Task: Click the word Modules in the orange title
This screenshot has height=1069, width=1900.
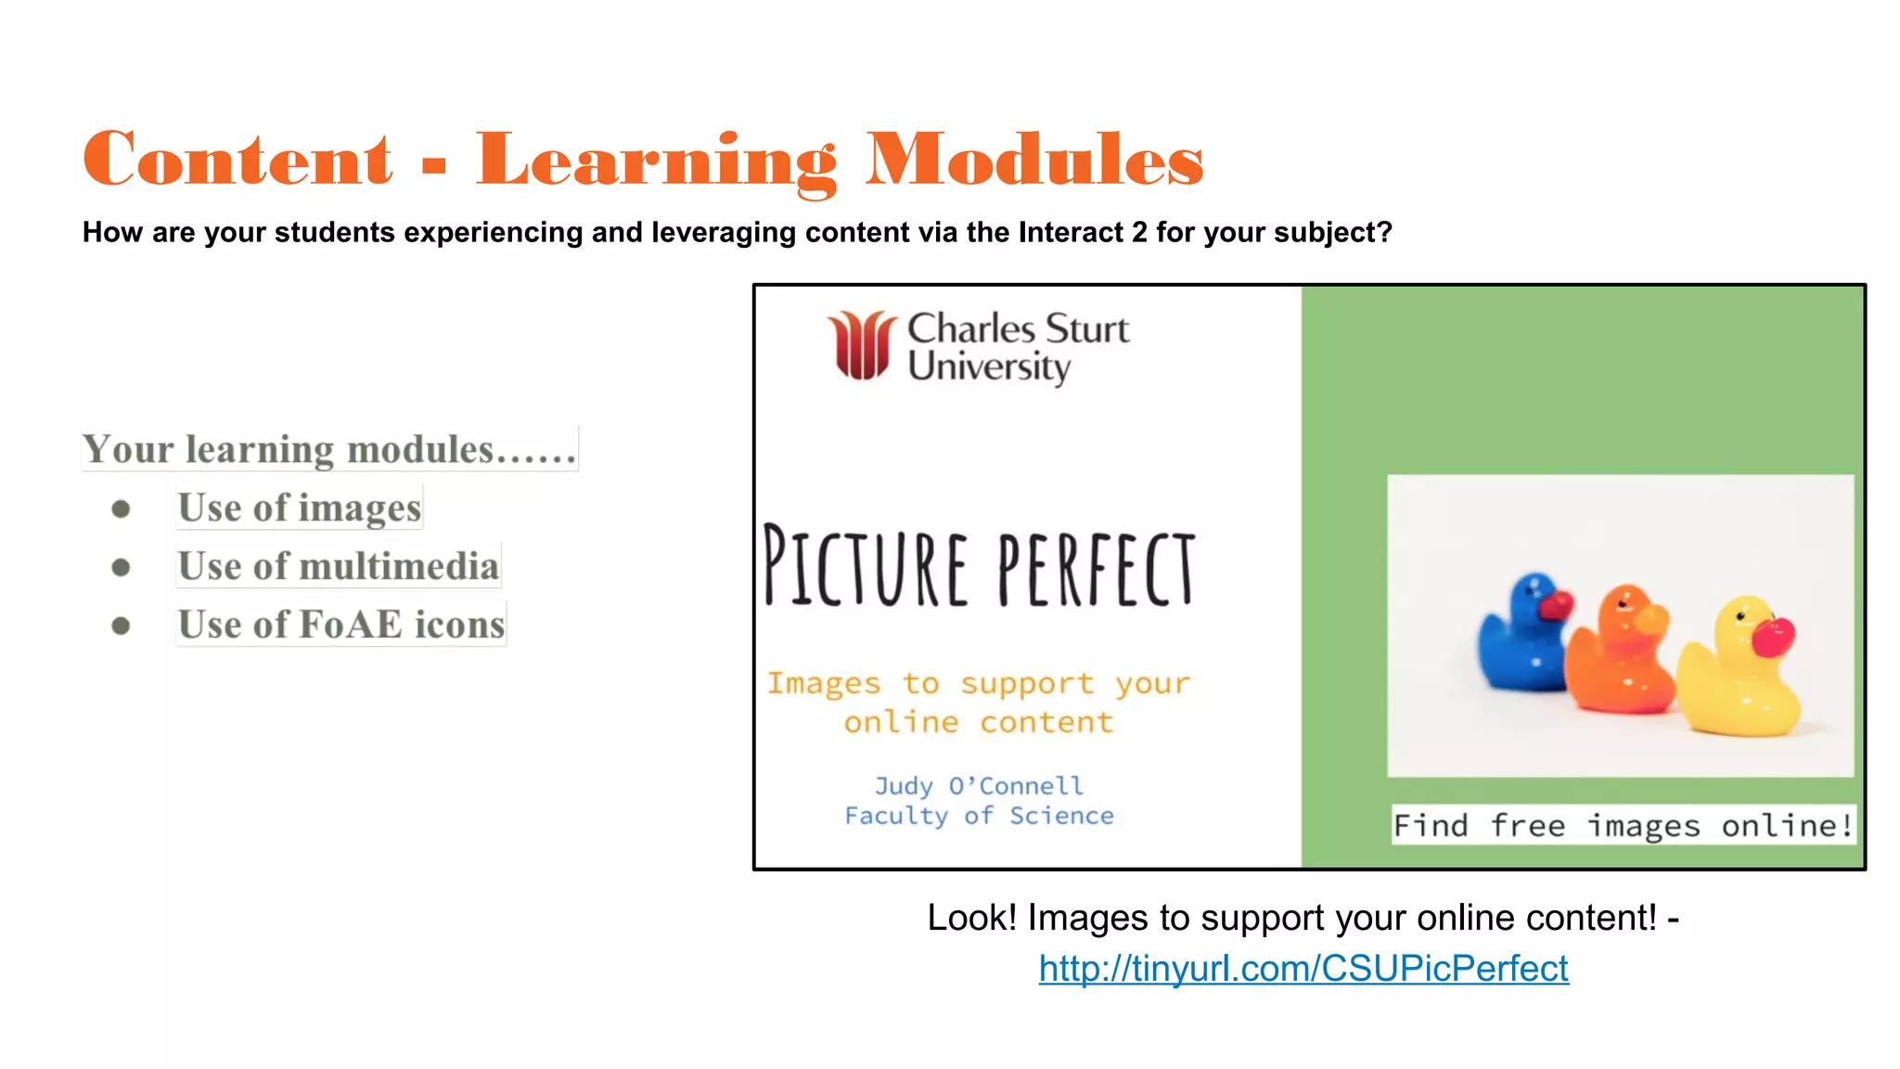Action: click(x=1034, y=160)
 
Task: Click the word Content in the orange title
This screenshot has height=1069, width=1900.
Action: click(x=237, y=160)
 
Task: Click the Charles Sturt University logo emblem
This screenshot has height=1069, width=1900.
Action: click(x=862, y=345)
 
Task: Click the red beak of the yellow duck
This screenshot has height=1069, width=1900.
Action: click(x=1773, y=638)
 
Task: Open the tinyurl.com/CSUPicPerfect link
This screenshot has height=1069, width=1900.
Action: click(x=1303, y=969)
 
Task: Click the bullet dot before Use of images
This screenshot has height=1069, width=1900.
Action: click(x=121, y=509)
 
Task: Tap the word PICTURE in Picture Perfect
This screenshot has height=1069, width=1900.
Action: click(x=866, y=566)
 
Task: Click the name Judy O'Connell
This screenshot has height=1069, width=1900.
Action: click(x=979, y=786)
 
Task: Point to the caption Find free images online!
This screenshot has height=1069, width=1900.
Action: click(x=1623, y=825)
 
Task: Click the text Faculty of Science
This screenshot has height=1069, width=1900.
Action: click(x=979, y=816)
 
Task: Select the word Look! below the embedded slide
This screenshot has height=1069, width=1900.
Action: click(x=971, y=918)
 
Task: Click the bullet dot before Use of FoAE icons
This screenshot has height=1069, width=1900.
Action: click(x=121, y=625)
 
